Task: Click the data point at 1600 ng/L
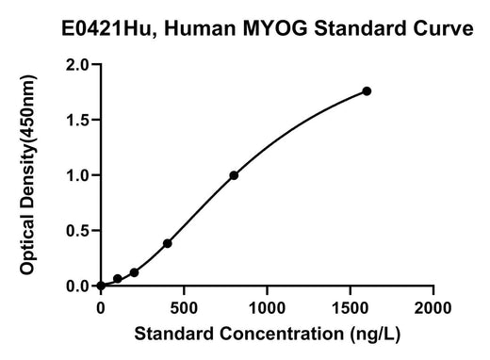coord(367,91)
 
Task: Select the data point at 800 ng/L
coord(234,175)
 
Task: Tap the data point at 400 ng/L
coord(168,243)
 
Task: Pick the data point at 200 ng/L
coord(134,272)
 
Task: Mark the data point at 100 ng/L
coord(118,278)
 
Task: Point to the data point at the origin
coord(101,286)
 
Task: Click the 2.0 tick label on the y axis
coord(77,65)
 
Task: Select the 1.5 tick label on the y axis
coord(77,120)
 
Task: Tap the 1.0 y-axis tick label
coord(77,175)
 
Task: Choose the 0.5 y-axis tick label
coord(77,231)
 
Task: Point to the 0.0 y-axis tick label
coord(77,286)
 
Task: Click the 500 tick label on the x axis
coord(184,308)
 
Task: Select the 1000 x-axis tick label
coord(267,308)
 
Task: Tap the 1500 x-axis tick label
coord(350,308)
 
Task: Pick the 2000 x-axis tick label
coord(433,308)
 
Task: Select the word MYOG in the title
coord(275,28)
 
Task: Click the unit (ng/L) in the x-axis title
coord(376,334)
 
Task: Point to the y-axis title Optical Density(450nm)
coord(28,175)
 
